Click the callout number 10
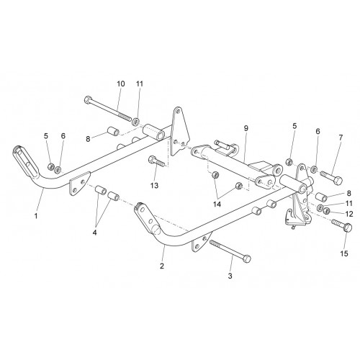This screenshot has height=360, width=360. coord(121,84)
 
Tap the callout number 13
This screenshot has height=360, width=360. coord(155,185)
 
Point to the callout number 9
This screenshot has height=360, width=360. coord(246,128)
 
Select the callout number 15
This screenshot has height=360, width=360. coord(344,253)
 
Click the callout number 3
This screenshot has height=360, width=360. coord(230,276)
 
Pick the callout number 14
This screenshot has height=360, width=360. coord(217,204)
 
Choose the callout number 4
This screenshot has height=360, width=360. coord(95,233)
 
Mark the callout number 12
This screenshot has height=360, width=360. coord(349,214)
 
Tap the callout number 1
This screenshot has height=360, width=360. coord(36,216)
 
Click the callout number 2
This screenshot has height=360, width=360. coord(162,266)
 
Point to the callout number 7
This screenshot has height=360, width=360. coord(341,138)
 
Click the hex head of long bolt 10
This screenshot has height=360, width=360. coord(88,99)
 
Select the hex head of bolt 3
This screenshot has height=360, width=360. coord(247,259)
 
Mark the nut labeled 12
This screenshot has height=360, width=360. coord(326,211)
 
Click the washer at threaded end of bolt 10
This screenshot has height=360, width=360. coord(136,121)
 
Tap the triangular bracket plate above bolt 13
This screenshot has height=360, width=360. coord(179,132)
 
